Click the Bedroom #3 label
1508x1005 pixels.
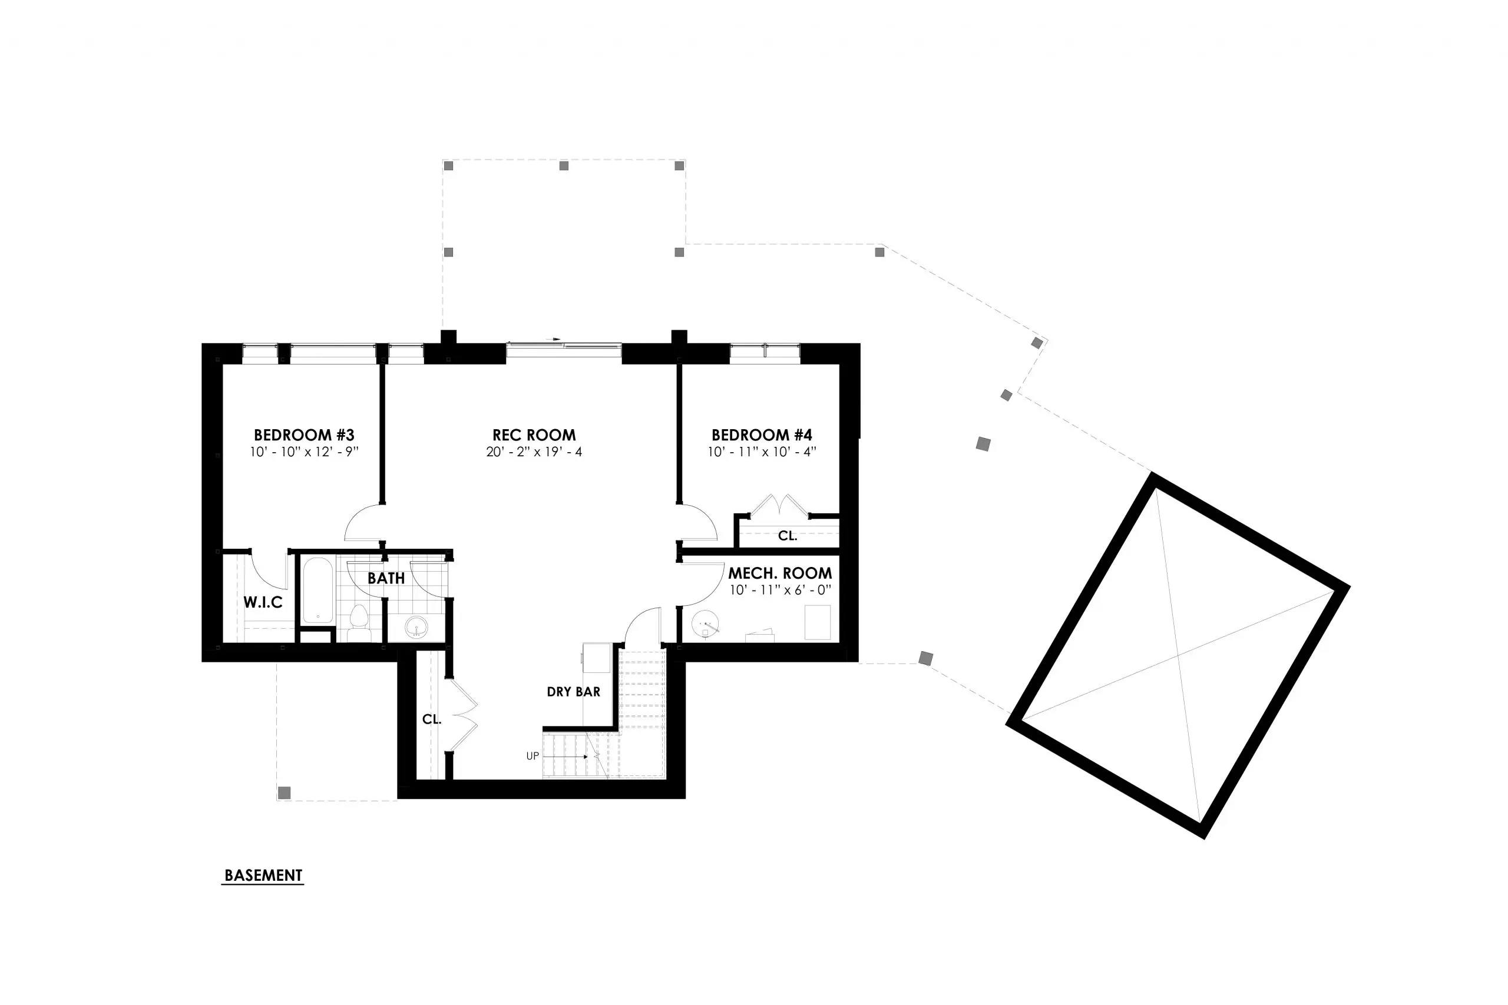pos(304,435)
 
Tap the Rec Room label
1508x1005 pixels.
pos(534,435)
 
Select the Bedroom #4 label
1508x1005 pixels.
pos(762,435)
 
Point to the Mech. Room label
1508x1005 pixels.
pos(780,573)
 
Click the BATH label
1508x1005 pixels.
pos(386,578)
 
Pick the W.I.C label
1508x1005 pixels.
pos(263,602)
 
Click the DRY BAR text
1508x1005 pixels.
pos(573,692)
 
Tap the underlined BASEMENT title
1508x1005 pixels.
pos(263,875)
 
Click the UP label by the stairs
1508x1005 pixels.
pos(533,757)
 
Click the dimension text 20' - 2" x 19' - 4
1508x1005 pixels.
pos(534,452)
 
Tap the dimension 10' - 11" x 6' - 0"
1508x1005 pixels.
pos(781,590)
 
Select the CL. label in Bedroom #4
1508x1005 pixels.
pos(788,536)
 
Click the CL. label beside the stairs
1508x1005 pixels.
pos(432,719)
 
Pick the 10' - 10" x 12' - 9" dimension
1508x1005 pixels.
pos(304,452)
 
